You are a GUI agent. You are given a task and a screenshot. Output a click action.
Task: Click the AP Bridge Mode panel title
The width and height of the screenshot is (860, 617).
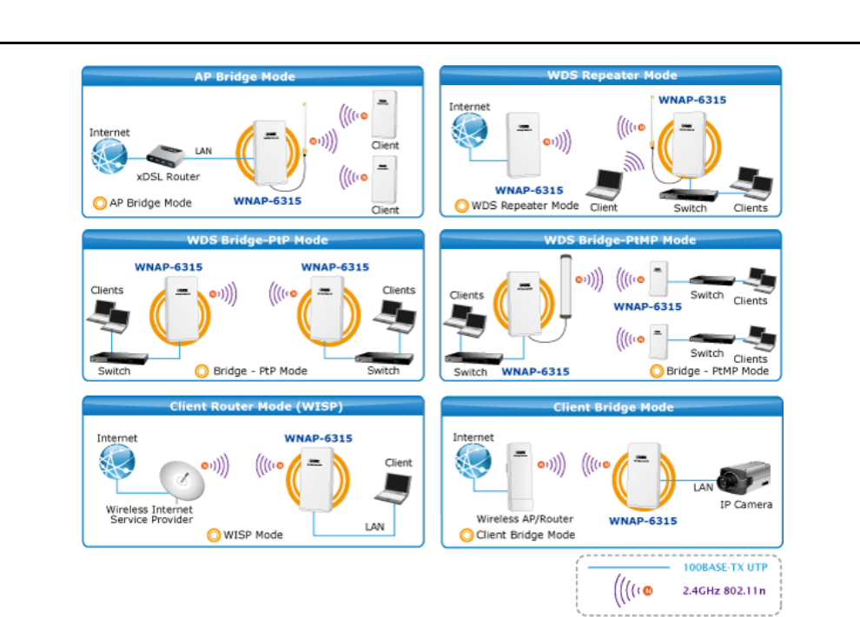[244, 76]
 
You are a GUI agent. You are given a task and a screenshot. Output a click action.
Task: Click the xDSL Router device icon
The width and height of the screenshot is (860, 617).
[166, 155]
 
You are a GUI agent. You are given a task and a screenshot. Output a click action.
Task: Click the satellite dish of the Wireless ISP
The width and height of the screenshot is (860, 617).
[180, 482]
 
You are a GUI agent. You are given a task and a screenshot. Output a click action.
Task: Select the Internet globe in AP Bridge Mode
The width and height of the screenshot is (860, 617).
[109, 157]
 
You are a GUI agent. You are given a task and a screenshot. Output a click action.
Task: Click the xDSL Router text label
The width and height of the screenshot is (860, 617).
[168, 177]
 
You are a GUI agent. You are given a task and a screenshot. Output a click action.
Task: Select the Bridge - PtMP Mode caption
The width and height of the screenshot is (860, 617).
[717, 371]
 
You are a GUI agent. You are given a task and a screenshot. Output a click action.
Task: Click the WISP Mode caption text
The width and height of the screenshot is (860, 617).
[252, 535]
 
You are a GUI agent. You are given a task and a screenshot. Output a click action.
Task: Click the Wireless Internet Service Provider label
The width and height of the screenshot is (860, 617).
[149, 514]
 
